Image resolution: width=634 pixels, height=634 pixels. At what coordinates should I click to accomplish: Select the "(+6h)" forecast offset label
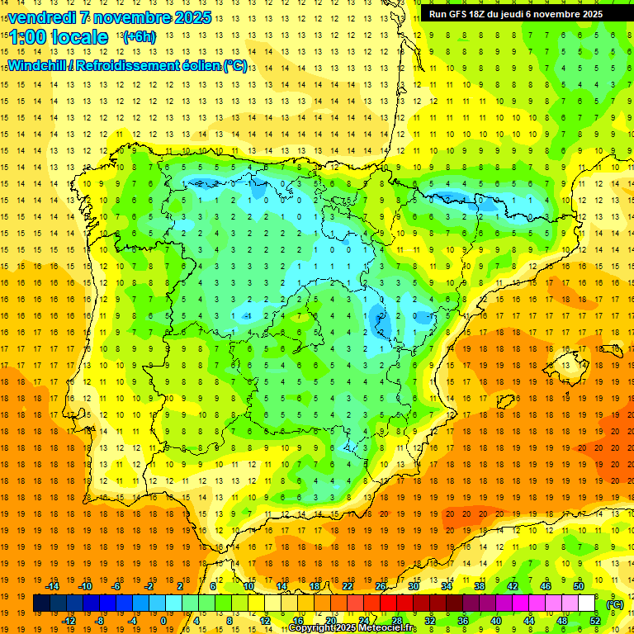click(x=138, y=37)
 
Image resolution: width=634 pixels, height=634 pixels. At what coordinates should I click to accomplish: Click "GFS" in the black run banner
click(x=458, y=14)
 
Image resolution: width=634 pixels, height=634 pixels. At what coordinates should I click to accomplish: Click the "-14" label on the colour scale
click(x=53, y=586)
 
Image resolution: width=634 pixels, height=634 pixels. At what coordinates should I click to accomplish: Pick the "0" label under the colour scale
click(x=163, y=621)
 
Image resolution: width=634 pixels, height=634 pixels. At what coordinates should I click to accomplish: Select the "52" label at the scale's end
click(x=595, y=621)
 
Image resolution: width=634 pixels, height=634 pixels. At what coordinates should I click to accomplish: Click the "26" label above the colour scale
click(x=380, y=586)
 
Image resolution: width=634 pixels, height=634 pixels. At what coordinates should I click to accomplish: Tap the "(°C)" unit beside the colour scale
click(x=614, y=604)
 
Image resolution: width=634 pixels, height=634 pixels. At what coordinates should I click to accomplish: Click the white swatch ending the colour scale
click(x=586, y=603)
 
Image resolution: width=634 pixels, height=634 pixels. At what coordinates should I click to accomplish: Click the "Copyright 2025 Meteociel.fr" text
click(x=352, y=628)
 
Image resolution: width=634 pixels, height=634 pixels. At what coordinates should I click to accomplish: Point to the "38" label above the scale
click(x=479, y=586)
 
